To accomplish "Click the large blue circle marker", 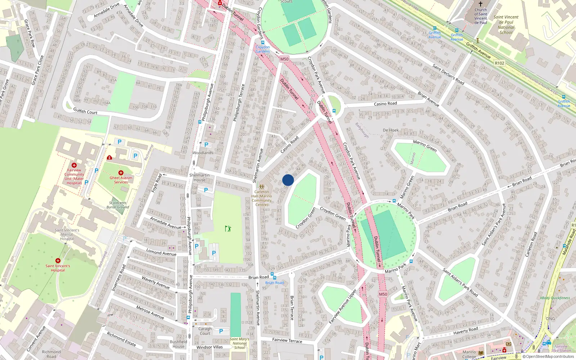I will [x=288, y=180].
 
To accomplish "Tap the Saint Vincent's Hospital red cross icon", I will [x=58, y=261].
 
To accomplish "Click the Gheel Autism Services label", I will [x=121, y=180].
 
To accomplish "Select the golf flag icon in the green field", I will [x=228, y=228].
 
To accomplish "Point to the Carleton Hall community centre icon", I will [x=262, y=187].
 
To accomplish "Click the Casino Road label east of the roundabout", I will [x=385, y=104].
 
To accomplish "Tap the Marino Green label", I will [x=425, y=146].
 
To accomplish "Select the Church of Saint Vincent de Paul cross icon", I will [x=481, y=4].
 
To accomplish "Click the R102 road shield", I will [x=499, y=63].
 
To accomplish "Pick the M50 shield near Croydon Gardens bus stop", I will [x=284, y=59].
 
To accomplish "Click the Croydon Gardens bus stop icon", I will [x=263, y=42].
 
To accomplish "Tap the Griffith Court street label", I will [x=85, y=111].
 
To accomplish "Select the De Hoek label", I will [x=391, y=130].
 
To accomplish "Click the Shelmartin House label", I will [x=199, y=177].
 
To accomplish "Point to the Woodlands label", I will [x=203, y=153].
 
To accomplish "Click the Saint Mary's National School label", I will [x=239, y=343].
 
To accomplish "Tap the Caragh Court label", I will [x=205, y=331].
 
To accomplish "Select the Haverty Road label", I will [x=465, y=330].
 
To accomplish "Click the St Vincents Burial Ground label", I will [x=118, y=205].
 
